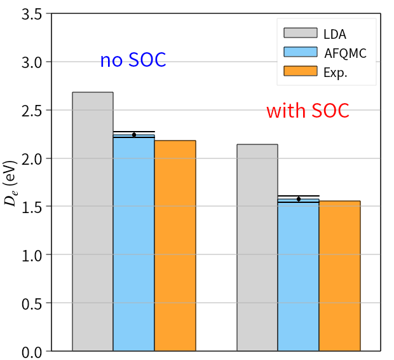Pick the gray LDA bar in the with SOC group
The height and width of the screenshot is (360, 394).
pos(257,247)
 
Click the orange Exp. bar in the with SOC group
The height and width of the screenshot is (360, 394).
pos(339,276)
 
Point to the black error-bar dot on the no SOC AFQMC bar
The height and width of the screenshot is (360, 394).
pos(134,135)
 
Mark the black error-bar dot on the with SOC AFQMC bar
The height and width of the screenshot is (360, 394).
pos(299,199)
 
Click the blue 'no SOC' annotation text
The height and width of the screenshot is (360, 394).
pos(133,60)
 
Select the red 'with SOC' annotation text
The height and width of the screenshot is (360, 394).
pos(308,111)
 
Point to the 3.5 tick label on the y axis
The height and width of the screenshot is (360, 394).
pos(31,14)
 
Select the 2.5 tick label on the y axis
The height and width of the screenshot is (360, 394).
pos(31,111)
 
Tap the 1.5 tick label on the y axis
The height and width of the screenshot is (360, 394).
pos(31,207)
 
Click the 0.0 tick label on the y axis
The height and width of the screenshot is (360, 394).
pos(31,351)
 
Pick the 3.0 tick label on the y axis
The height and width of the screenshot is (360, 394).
pos(31,62)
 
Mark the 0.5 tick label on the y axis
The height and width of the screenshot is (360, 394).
pos(31,303)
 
